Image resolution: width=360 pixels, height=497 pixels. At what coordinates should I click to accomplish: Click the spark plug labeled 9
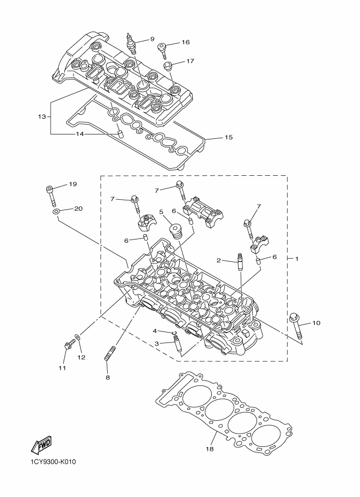130,44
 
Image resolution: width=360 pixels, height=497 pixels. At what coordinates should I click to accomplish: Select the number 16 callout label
186,42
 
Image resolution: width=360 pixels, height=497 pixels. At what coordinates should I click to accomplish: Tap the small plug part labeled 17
168,66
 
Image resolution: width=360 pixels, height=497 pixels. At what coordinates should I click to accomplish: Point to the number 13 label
42,116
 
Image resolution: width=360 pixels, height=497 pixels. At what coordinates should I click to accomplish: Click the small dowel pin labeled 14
120,134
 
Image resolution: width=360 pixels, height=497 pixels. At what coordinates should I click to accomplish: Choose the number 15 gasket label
229,137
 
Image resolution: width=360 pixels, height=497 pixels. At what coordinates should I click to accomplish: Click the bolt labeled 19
51,195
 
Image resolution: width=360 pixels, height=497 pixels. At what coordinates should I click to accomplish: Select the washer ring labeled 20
56,211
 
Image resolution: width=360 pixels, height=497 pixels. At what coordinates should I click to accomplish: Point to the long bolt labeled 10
296,327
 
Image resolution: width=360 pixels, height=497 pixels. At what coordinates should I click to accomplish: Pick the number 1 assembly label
297,259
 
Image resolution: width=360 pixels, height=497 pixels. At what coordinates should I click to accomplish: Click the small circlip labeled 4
174,333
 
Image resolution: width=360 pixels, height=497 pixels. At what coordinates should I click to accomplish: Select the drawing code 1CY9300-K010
53,462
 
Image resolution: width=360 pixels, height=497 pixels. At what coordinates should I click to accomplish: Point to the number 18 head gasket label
210,449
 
